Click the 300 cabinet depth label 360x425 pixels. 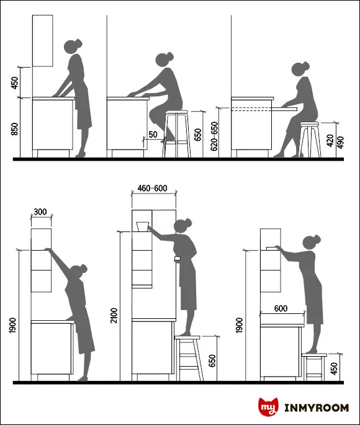[x=40, y=212]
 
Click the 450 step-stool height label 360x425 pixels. [x=335, y=369]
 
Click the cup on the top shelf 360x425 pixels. [x=143, y=226]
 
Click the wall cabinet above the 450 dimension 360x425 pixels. [x=43, y=40]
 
